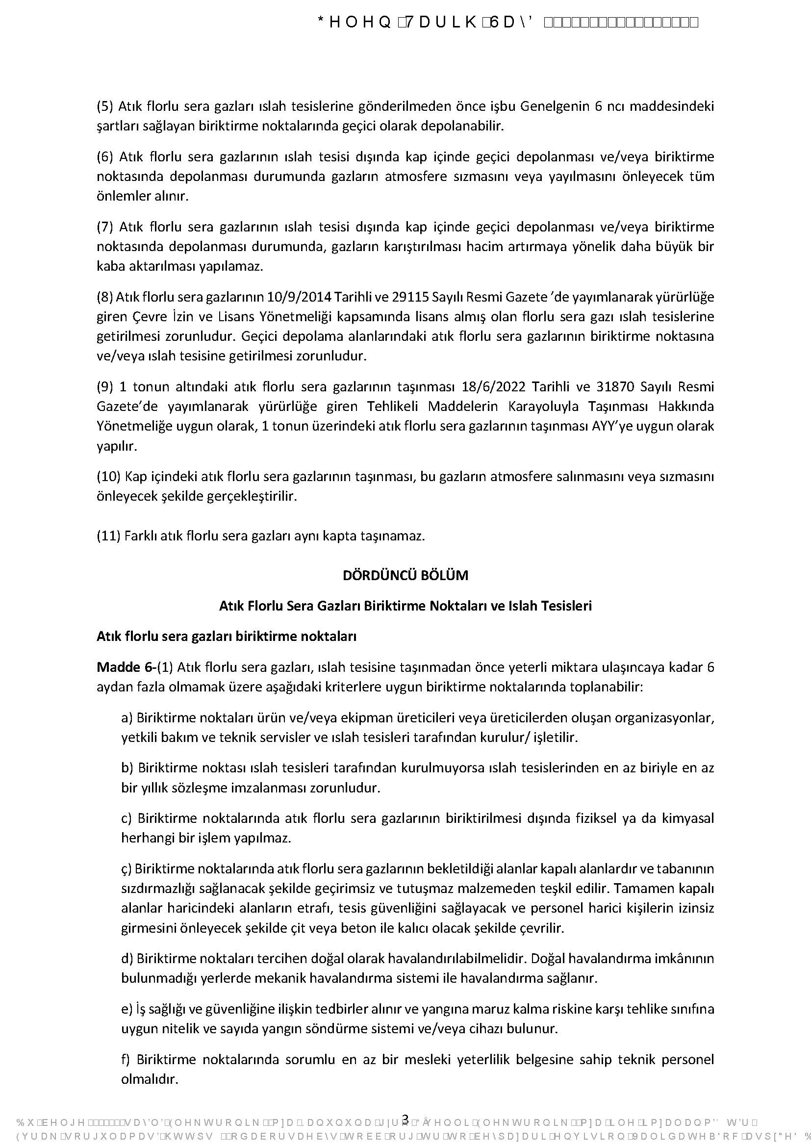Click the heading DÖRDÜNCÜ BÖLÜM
[405, 575]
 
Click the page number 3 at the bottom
[405, 1118]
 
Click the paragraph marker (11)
[108, 536]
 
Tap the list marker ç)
[127, 868]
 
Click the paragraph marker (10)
[108, 476]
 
